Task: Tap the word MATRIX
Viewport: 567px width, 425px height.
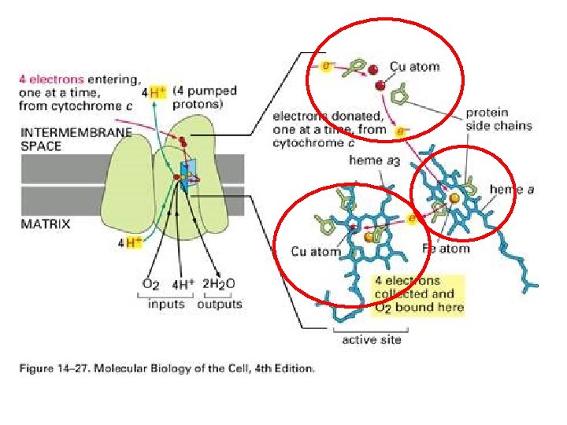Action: [x=45, y=224]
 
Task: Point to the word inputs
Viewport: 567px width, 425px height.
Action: [x=166, y=303]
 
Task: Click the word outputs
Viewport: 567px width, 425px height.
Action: [x=220, y=303]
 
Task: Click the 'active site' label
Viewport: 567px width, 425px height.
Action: [x=371, y=339]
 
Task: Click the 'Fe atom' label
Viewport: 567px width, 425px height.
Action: [x=446, y=249]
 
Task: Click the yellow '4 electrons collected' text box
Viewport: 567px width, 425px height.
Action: [x=419, y=294]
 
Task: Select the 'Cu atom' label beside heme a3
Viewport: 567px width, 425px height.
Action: [x=315, y=251]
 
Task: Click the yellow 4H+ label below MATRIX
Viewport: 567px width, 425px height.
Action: [x=131, y=242]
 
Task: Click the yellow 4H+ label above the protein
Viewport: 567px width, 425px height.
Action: [x=154, y=92]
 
